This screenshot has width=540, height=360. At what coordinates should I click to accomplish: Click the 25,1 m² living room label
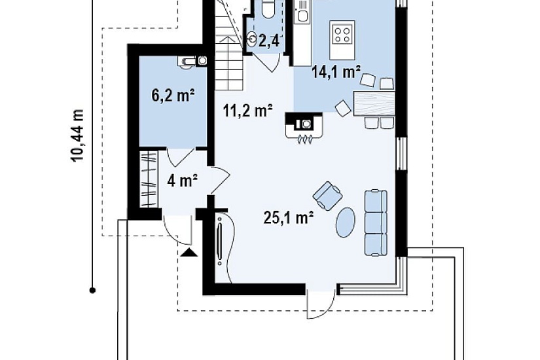tap(289, 217)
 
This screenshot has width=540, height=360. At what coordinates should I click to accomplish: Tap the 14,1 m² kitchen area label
tap(336, 72)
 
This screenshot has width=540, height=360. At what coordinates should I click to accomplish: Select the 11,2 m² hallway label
tap(248, 111)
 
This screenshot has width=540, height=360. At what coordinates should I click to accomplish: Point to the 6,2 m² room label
tap(173, 95)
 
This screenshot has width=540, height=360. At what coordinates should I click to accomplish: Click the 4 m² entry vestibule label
tap(182, 181)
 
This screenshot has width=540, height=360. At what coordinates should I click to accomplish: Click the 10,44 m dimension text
tap(77, 135)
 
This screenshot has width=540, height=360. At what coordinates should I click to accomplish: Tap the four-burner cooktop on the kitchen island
tap(342, 35)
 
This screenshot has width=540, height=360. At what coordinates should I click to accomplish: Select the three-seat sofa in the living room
tap(376, 223)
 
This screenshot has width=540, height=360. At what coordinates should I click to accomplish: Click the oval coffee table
tap(346, 222)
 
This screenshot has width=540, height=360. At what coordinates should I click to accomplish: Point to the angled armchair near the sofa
tap(327, 195)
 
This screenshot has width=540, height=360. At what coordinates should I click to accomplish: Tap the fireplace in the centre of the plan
tap(304, 126)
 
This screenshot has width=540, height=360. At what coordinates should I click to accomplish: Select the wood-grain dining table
tap(374, 103)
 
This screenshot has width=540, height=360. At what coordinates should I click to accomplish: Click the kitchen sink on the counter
tap(302, 15)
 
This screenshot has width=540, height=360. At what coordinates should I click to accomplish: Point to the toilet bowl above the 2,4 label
tap(268, 9)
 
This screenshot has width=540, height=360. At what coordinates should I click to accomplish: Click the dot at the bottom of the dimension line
tap(92, 291)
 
